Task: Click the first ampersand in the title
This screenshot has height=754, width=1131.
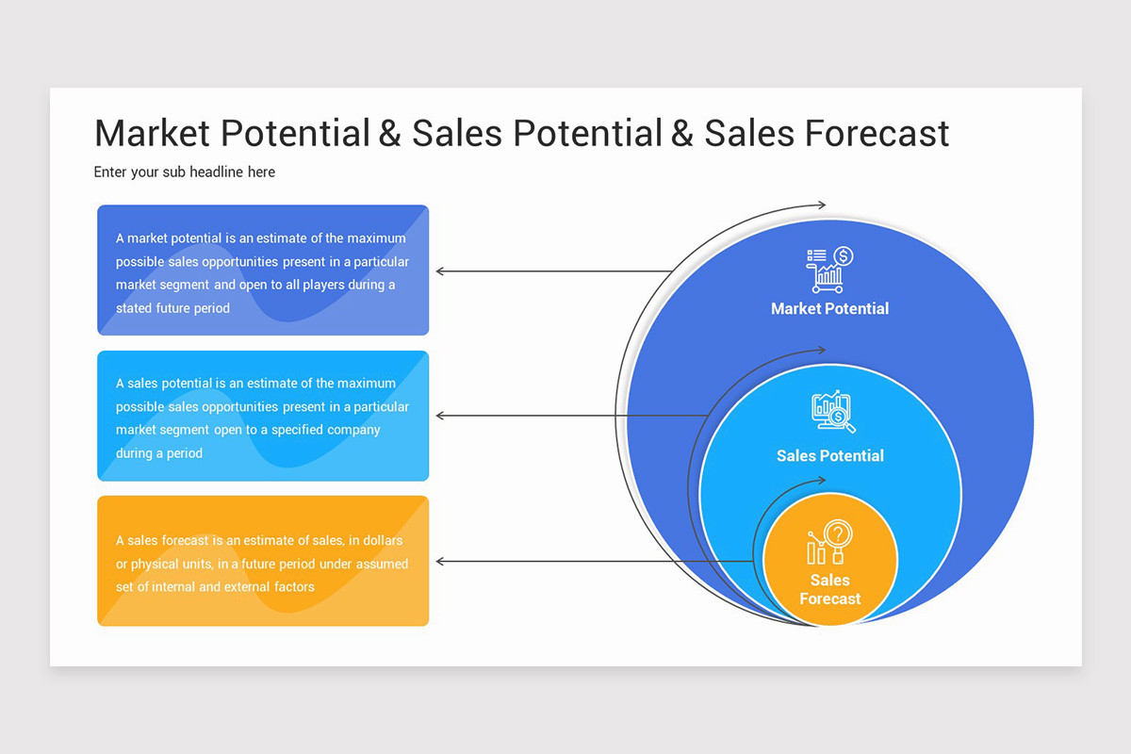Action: [x=389, y=133]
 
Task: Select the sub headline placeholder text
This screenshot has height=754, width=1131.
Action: [x=185, y=172]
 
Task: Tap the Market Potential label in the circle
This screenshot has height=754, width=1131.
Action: [x=829, y=308]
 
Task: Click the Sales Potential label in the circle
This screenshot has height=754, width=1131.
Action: [x=829, y=455]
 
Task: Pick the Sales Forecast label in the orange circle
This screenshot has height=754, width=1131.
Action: [x=829, y=589]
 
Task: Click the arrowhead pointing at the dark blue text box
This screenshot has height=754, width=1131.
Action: [x=440, y=271]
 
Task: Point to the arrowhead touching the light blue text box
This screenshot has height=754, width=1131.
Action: [x=440, y=416]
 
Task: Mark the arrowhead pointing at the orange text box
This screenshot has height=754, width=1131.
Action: [x=440, y=562]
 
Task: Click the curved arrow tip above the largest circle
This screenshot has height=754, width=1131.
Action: [x=822, y=205]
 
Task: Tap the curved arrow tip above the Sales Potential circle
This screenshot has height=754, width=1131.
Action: [x=822, y=351]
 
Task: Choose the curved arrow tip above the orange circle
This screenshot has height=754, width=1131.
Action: [x=822, y=480]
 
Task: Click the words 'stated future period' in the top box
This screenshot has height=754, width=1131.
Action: [x=172, y=308]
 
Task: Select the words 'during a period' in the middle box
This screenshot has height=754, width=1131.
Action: [x=159, y=453]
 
